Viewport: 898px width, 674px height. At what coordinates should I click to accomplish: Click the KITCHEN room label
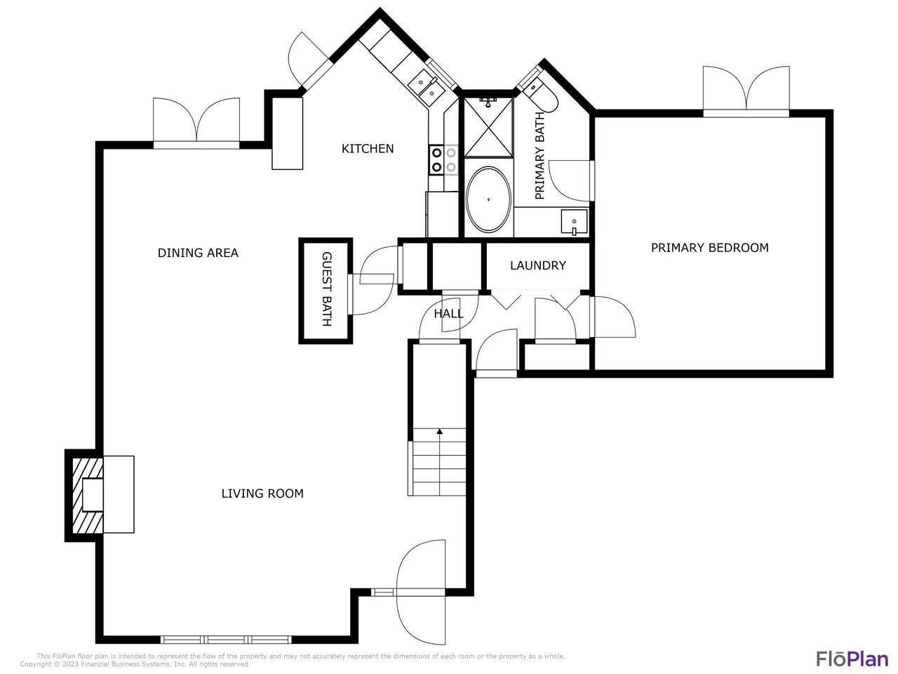coord(367,148)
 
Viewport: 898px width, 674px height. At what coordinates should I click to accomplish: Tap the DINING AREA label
coord(198,253)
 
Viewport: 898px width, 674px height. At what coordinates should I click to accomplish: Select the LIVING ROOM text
coord(262,494)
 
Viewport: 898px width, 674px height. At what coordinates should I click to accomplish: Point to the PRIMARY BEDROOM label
coord(709,247)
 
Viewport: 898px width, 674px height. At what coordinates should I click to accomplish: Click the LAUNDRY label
coord(537,265)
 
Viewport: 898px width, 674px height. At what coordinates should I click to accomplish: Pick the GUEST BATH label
coord(326,289)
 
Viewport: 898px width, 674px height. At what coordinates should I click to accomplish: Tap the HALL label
coord(448,314)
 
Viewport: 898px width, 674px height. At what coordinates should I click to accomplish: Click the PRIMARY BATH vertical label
coord(540,156)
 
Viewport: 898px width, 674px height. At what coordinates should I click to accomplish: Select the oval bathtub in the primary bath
coord(488,199)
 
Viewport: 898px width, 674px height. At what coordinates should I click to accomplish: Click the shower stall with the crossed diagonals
coord(488,127)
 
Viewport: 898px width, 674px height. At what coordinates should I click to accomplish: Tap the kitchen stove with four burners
coord(443,159)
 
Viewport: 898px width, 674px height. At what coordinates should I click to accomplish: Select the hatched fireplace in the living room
coord(86,495)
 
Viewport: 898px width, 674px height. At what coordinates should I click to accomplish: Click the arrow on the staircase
coord(439,432)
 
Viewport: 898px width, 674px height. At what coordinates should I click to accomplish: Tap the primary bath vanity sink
coord(574,223)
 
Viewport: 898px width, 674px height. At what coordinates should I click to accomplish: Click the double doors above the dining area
coord(196,121)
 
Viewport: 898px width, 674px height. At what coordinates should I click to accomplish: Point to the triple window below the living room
coord(226,640)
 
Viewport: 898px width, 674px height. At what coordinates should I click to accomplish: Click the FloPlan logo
coord(852,659)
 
